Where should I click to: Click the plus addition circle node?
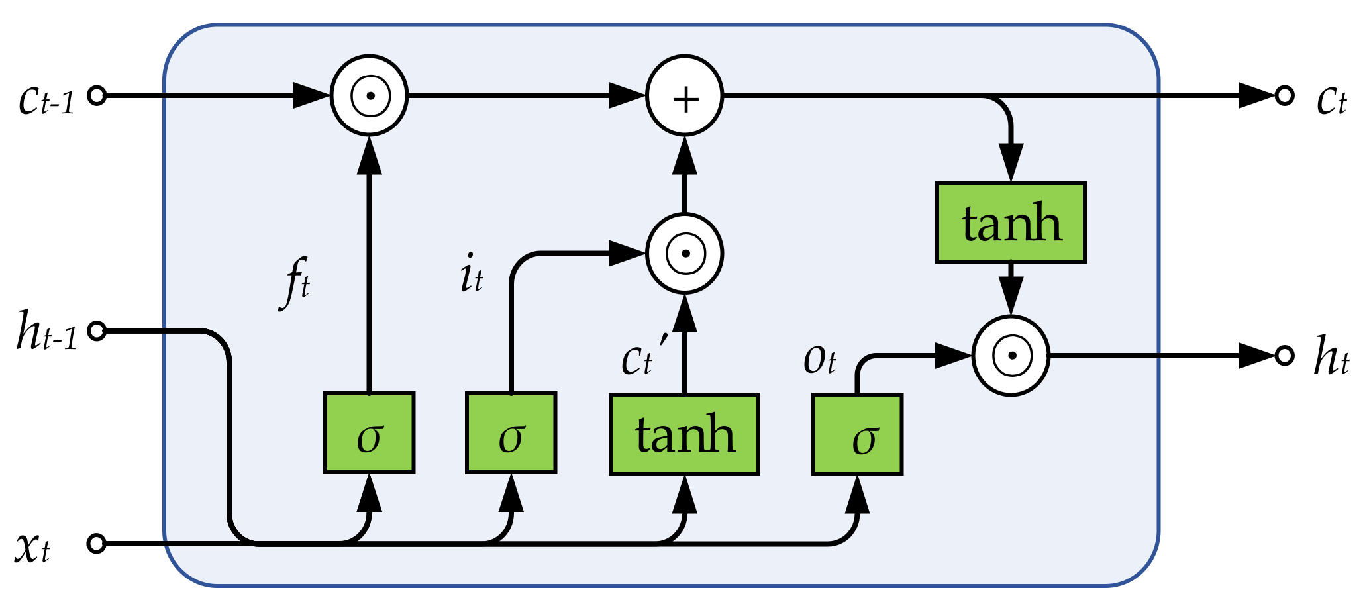click(685, 96)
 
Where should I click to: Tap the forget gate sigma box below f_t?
click(369, 433)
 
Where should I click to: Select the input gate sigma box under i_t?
click(511, 433)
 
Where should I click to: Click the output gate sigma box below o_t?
click(857, 434)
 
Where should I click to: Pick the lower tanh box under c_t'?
click(684, 434)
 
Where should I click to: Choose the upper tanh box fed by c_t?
click(1011, 223)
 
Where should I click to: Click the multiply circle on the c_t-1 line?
click(370, 96)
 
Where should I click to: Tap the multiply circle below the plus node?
click(685, 254)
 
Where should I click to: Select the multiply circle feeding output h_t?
click(1011, 356)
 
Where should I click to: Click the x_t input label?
click(33, 547)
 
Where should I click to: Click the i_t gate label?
click(472, 276)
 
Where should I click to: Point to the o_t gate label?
click(820, 360)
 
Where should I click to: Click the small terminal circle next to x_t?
click(97, 544)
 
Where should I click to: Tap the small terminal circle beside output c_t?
click(1284, 96)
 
